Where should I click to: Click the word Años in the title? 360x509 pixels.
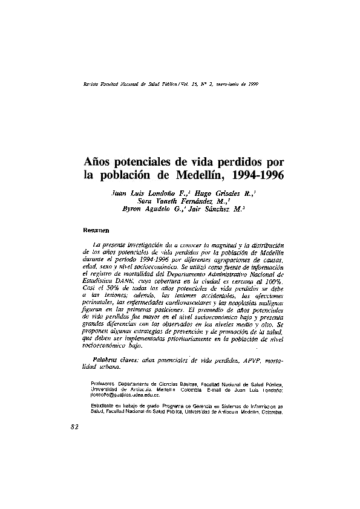tap(99, 163)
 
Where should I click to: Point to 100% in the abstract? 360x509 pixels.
tap(272, 281)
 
